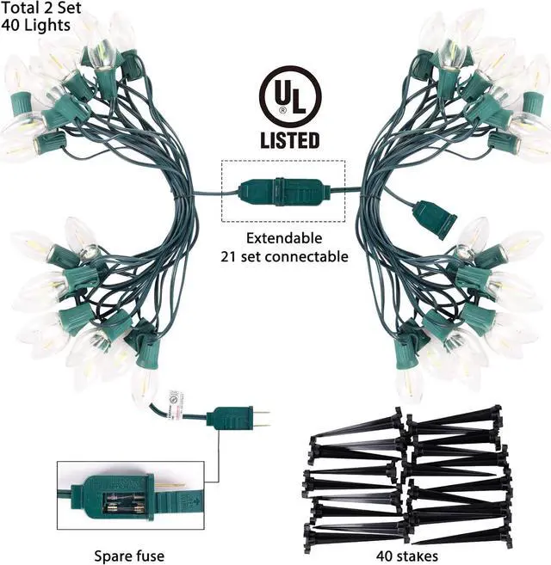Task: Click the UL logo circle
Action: coord(289,96)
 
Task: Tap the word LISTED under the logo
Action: coord(289,139)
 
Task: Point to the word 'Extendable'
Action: coord(283,237)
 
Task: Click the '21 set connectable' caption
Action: coord(284,255)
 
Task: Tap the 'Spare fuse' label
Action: coord(132,556)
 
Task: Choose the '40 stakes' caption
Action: coord(407,556)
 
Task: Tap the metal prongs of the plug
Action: coord(259,419)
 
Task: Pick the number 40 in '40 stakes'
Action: coord(385,556)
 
